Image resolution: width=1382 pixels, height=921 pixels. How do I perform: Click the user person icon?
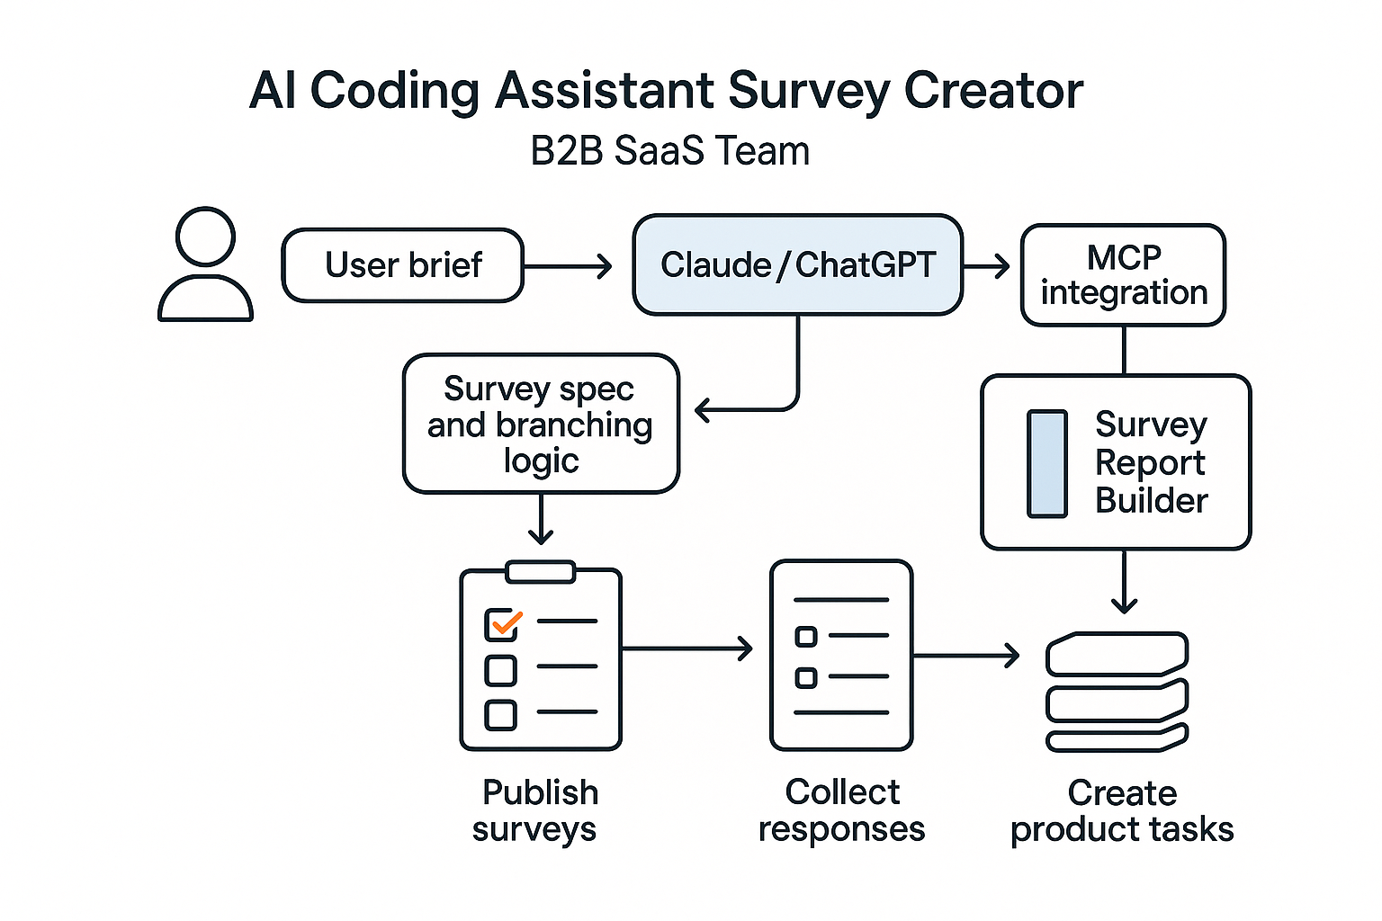(205, 265)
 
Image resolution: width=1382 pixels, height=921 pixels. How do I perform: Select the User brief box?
(402, 265)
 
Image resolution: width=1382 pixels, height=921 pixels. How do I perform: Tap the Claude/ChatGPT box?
(797, 265)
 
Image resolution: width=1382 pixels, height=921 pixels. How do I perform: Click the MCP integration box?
(1123, 274)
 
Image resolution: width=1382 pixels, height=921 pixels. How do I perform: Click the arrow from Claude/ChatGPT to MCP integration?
(987, 266)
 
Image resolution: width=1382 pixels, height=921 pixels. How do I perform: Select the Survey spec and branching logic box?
(540, 424)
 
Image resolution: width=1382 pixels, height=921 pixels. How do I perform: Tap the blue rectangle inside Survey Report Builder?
(1046, 463)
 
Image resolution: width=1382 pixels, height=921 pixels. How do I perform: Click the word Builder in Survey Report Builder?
(1151, 501)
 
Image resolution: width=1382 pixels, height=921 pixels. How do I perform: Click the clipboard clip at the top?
(540, 572)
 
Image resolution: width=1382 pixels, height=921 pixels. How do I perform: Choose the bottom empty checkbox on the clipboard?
(500, 715)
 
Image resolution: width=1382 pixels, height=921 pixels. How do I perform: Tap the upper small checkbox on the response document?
(806, 637)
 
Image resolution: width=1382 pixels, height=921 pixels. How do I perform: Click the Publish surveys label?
(537, 809)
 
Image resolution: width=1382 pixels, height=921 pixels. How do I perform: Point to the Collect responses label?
(841, 809)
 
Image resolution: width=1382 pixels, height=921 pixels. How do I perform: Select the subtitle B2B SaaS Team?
(669, 151)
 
